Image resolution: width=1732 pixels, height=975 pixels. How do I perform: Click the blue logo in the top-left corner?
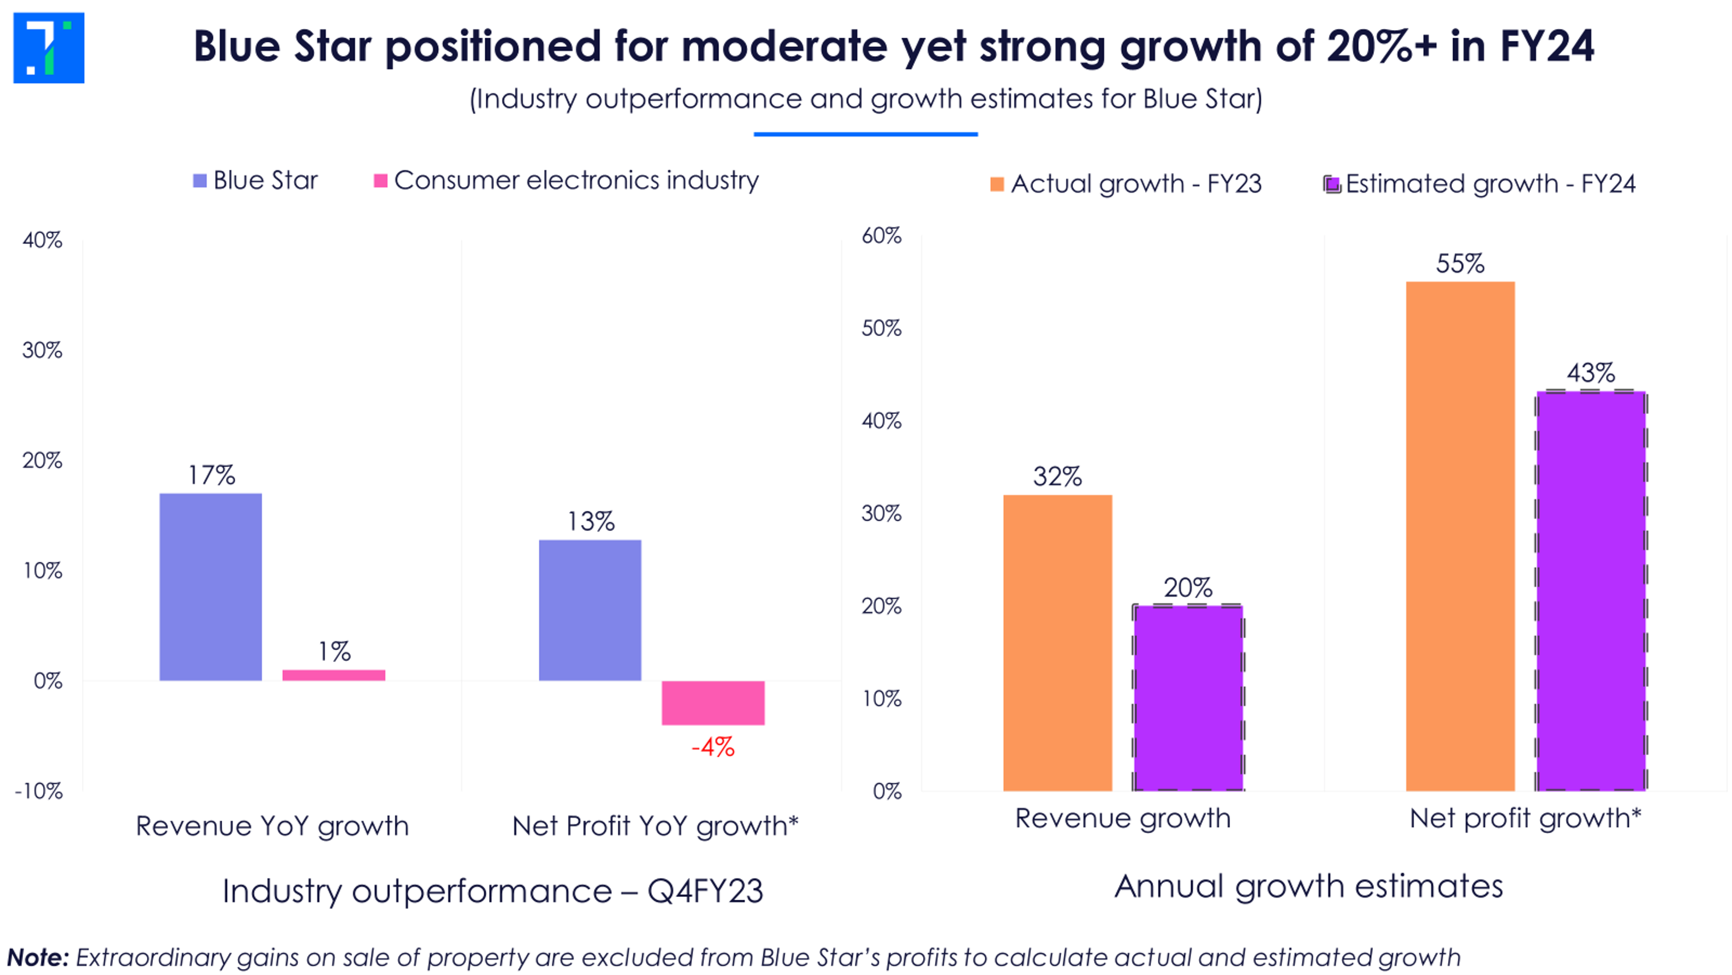point(49,47)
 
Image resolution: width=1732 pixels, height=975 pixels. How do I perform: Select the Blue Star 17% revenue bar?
point(211,586)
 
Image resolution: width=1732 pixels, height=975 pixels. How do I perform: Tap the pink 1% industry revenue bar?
point(334,675)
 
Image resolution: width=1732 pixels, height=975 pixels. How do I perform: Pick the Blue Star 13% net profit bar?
point(590,610)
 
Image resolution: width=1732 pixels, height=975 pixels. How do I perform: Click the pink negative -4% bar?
point(713,703)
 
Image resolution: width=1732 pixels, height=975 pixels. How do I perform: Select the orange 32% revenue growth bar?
point(1057,642)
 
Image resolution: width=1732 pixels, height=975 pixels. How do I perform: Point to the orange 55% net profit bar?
point(1460,536)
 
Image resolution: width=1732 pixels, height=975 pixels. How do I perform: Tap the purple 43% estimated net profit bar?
point(1590,590)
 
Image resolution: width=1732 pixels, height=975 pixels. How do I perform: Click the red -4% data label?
point(713,747)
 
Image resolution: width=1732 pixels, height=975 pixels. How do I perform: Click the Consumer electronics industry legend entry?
point(566,180)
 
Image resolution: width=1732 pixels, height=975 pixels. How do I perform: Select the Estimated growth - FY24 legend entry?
point(1479,183)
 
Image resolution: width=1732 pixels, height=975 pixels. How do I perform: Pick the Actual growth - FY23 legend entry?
point(1126,183)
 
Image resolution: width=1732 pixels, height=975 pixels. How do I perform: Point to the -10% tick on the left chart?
point(39,791)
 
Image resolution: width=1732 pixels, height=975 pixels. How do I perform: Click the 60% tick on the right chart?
point(881,235)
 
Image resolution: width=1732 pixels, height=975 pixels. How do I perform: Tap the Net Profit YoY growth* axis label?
point(655,826)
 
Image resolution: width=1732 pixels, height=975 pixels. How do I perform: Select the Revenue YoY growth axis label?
point(272,826)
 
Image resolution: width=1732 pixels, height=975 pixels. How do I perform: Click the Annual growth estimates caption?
point(1308,886)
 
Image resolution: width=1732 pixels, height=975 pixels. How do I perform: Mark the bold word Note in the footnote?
point(38,957)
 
